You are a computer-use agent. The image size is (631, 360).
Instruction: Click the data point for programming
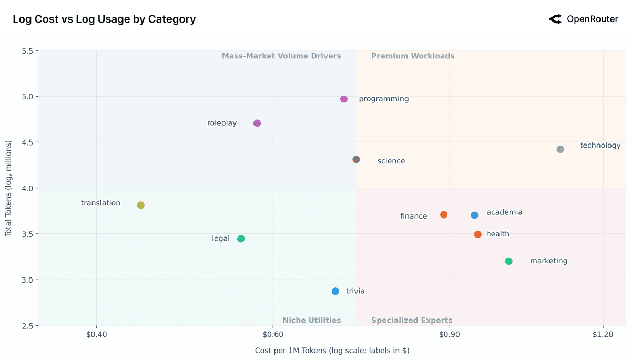click(344, 99)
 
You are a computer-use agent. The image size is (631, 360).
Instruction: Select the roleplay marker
click(257, 124)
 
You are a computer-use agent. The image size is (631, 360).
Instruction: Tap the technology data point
click(560, 149)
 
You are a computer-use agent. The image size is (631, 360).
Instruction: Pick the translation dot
click(140, 205)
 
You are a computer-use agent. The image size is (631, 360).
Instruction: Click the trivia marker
click(335, 291)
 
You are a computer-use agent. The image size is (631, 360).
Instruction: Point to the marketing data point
click(508, 261)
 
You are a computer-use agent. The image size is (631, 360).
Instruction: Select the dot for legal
click(241, 239)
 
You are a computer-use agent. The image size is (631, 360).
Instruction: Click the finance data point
click(444, 215)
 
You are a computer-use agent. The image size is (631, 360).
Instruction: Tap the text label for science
click(391, 161)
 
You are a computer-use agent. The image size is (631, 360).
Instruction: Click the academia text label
click(504, 212)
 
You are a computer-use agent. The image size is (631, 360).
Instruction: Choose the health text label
click(497, 234)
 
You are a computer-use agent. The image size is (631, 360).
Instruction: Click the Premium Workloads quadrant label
click(413, 56)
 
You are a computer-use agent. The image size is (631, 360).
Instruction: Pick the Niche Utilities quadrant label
click(312, 321)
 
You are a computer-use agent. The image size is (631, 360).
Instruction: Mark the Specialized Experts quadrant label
click(412, 321)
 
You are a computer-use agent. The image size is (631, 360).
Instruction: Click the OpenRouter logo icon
click(555, 19)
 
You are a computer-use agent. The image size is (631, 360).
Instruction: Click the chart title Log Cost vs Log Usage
click(104, 19)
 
